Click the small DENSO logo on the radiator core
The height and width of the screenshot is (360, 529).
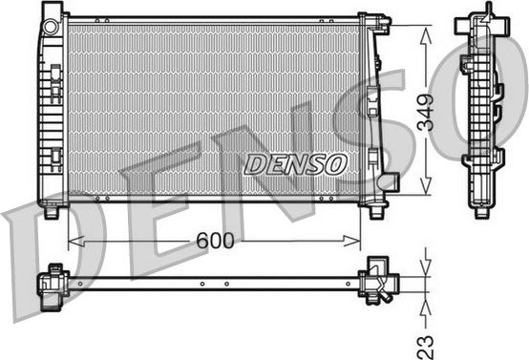click(x=295, y=163)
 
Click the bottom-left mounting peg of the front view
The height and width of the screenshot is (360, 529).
click(x=53, y=212)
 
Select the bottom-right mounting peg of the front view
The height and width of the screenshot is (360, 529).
click(x=376, y=212)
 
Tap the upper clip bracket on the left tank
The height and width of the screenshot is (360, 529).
click(x=55, y=73)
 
